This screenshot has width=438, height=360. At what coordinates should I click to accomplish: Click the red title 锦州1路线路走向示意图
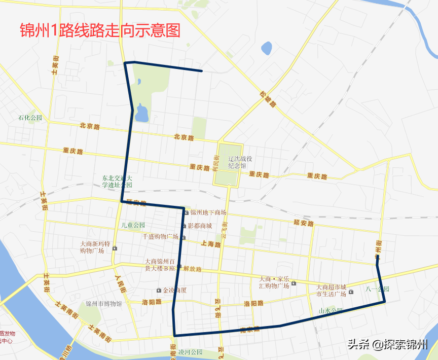(100, 31)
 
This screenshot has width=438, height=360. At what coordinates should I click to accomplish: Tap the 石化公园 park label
(30, 118)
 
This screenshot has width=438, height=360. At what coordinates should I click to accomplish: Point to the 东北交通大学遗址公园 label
(117, 182)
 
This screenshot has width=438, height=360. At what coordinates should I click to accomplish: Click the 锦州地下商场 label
(208, 212)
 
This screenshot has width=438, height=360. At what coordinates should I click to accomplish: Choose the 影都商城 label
(200, 226)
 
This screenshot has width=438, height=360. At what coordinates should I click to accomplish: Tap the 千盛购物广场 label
(160, 237)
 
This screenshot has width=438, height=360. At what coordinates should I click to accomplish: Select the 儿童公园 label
(133, 225)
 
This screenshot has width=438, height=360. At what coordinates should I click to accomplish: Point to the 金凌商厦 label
(175, 291)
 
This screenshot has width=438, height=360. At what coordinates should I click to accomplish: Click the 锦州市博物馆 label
(103, 304)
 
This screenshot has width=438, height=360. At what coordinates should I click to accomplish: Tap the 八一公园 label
(378, 289)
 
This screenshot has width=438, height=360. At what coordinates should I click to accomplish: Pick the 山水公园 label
(331, 310)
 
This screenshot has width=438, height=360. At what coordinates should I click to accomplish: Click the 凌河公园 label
(190, 352)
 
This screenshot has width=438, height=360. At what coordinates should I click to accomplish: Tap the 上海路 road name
(211, 244)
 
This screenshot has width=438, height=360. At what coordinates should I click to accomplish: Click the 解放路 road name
(192, 269)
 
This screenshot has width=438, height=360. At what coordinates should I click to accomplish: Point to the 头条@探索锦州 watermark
(387, 344)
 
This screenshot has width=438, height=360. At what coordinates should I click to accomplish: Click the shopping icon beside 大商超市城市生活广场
(351, 292)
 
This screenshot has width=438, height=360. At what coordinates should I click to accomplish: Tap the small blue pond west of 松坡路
(266, 49)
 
